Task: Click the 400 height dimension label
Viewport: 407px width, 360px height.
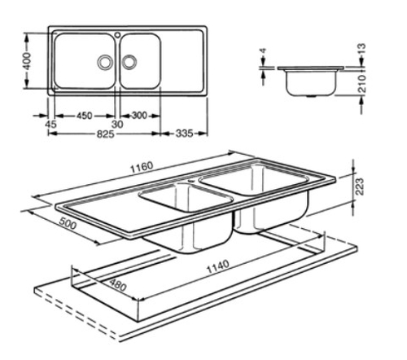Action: click(x=28, y=61)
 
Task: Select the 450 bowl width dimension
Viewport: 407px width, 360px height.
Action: click(x=85, y=116)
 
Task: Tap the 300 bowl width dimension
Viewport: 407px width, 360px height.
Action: click(x=139, y=116)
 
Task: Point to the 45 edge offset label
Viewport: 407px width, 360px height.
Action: click(x=50, y=124)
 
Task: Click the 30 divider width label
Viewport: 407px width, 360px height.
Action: click(x=117, y=125)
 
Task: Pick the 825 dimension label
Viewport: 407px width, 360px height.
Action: click(x=106, y=134)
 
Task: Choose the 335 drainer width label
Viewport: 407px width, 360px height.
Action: click(x=185, y=134)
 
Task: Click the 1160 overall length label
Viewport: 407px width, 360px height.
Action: click(x=142, y=167)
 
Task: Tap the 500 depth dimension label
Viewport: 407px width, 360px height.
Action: click(x=68, y=223)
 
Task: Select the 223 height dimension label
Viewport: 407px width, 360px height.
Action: click(x=359, y=187)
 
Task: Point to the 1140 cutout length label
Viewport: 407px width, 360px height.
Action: click(x=218, y=267)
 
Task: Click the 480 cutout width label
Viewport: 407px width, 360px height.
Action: click(x=118, y=284)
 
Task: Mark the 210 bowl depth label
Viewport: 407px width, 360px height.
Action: click(x=361, y=83)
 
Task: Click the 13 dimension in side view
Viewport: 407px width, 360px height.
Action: click(x=361, y=49)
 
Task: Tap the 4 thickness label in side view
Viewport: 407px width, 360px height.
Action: click(x=263, y=50)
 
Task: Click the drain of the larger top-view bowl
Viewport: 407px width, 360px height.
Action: click(x=104, y=62)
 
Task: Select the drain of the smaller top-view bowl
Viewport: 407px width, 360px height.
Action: click(x=129, y=62)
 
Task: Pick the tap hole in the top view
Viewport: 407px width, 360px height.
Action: click(x=117, y=35)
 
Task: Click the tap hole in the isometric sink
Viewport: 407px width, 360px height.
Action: click(x=191, y=180)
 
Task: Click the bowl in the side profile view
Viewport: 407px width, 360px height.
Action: click(x=311, y=82)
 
